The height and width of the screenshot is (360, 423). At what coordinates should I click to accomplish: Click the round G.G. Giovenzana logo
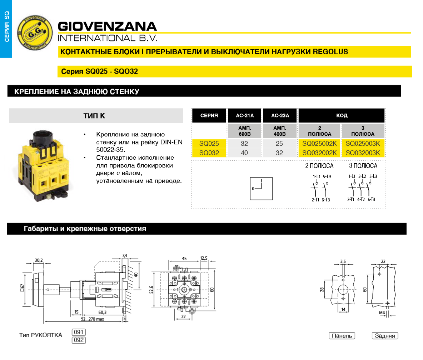point(35,33)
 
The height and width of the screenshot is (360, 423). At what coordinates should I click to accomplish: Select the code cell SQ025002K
point(319,144)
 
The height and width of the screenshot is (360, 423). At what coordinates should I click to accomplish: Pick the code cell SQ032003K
point(363,153)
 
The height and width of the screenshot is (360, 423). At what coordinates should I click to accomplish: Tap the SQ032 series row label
point(209,153)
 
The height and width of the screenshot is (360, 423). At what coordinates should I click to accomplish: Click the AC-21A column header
point(245,116)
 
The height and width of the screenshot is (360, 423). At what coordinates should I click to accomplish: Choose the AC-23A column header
point(280,116)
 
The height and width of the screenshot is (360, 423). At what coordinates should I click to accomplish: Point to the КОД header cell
point(342,116)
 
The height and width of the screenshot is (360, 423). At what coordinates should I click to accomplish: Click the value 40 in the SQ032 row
point(244,153)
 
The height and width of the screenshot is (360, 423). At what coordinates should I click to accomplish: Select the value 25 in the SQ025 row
point(279,144)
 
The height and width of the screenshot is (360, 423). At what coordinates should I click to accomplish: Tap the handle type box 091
point(79,332)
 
